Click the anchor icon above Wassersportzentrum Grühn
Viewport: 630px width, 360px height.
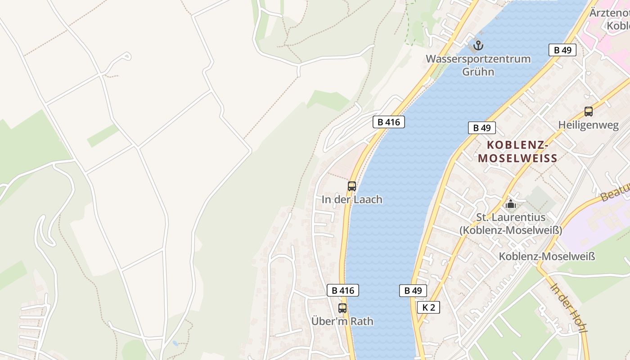pyautogui.click(x=478, y=45)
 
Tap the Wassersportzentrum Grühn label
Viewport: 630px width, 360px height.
pyautogui.click(x=478, y=65)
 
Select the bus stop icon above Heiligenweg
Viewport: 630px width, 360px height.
pyautogui.click(x=588, y=112)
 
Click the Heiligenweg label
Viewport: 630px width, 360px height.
pyautogui.click(x=588, y=125)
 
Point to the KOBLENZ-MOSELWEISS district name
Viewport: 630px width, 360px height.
pyautogui.click(x=517, y=152)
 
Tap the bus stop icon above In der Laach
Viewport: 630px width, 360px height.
pyautogui.click(x=352, y=186)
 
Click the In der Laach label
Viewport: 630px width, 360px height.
pyautogui.click(x=352, y=199)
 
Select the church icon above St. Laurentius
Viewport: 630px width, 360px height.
pyautogui.click(x=510, y=204)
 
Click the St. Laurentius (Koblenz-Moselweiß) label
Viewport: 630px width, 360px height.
pyautogui.click(x=510, y=224)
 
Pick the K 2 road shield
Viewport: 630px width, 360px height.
pyautogui.click(x=428, y=307)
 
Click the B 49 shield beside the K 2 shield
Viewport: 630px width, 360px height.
pyautogui.click(x=413, y=291)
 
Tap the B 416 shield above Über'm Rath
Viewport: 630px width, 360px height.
pyautogui.click(x=343, y=291)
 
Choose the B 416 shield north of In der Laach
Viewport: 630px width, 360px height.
pyautogui.click(x=388, y=121)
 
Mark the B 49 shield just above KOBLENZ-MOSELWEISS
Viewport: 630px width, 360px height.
pyautogui.click(x=481, y=128)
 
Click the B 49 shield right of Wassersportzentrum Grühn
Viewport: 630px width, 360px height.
pyautogui.click(x=562, y=50)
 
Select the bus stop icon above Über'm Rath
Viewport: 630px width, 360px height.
pyautogui.click(x=342, y=308)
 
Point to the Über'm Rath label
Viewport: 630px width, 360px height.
pyautogui.click(x=342, y=322)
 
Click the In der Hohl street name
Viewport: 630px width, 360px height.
pyautogui.click(x=569, y=308)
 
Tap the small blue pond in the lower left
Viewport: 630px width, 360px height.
pyautogui.click(x=175, y=343)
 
